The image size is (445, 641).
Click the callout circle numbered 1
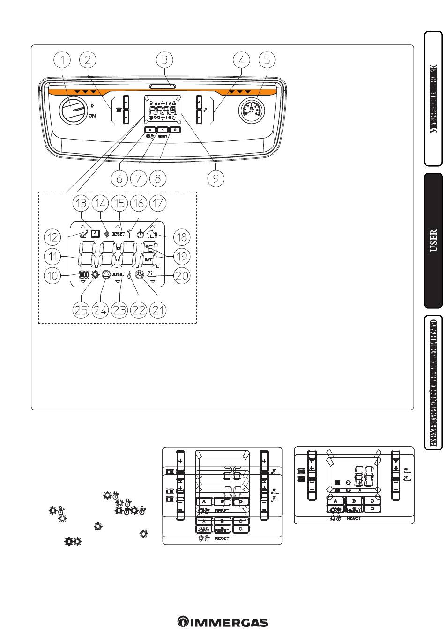[x=62, y=60]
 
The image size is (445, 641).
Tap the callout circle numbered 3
[x=164, y=60]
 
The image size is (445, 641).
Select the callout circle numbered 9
[x=215, y=178]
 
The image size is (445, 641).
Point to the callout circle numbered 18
[x=182, y=236]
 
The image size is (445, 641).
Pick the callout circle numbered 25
[x=82, y=310]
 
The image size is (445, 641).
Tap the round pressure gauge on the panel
[x=252, y=111]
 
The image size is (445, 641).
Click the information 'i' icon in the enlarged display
[x=96, y=234]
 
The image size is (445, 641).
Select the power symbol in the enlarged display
[x=141, y=234]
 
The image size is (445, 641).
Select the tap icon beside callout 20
[x=151, y=275]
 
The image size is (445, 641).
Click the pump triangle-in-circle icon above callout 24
[x=106, y=275]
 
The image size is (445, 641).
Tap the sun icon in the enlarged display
[x=95, y=275]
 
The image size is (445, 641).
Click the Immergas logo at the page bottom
[x=222, y=622]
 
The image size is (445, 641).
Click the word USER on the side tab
[x=433, y=240]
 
